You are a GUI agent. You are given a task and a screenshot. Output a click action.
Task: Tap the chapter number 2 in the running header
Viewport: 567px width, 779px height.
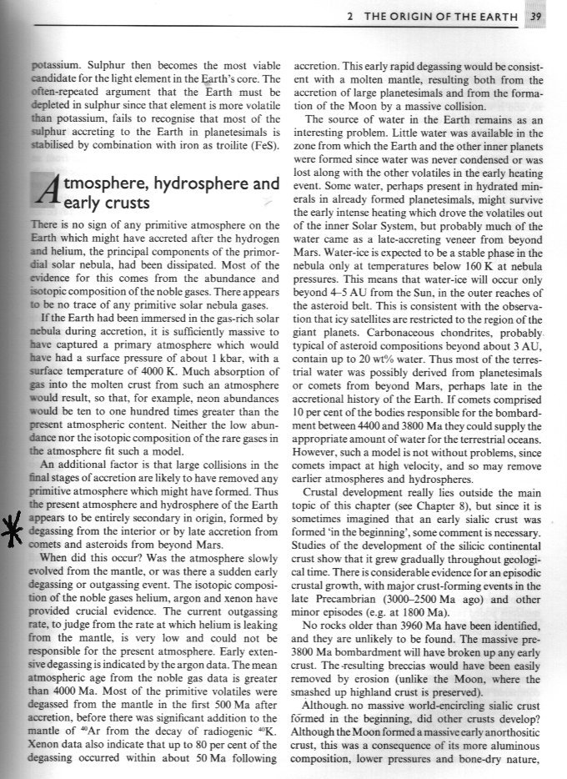(351, 15)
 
